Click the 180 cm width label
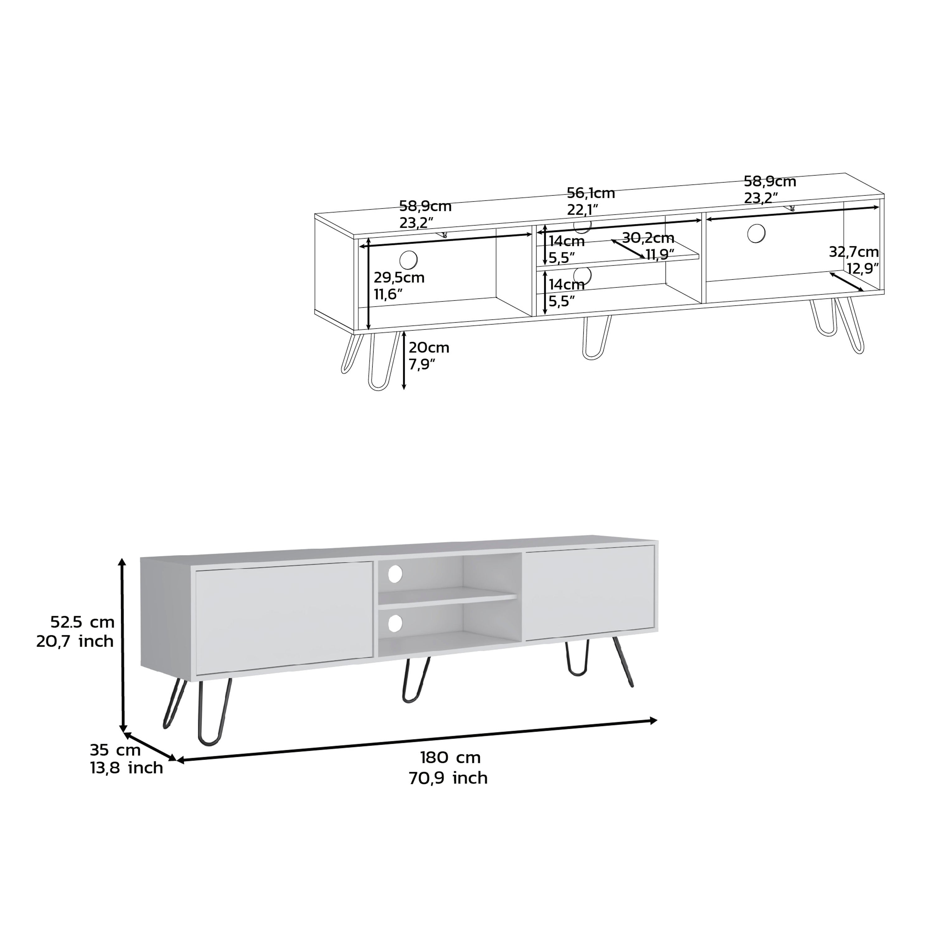coord(450,757)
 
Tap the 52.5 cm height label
coord(82,622)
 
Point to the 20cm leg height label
coord(429,347)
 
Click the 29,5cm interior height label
coord(399,278)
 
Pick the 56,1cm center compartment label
coord(591,193)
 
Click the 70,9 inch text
coord(448,778)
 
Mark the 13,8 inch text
coord(126,768)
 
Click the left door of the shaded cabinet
coord(284,617)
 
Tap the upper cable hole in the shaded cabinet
coord(395,574)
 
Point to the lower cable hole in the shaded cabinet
coord(395,624)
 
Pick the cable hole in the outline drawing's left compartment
coord(408,260)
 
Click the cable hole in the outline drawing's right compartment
coord(756,233)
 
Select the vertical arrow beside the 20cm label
coord(404,360)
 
